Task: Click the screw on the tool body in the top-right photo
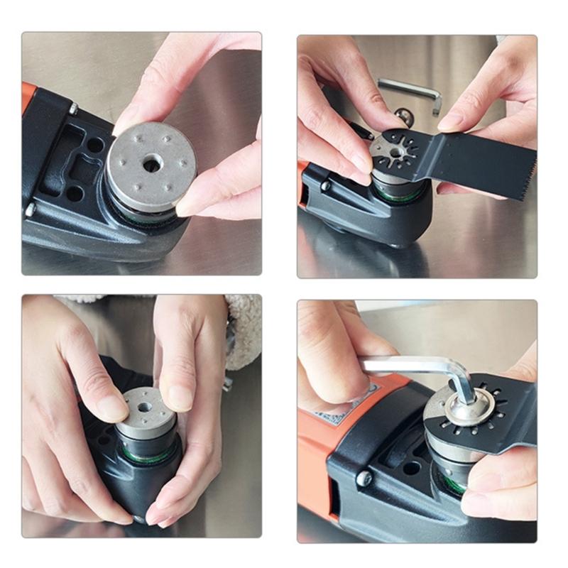pos(325,185)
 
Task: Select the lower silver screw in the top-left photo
pos(30,209)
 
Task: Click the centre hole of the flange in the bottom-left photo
pos(144,408)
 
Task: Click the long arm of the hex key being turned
pos(405,366)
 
